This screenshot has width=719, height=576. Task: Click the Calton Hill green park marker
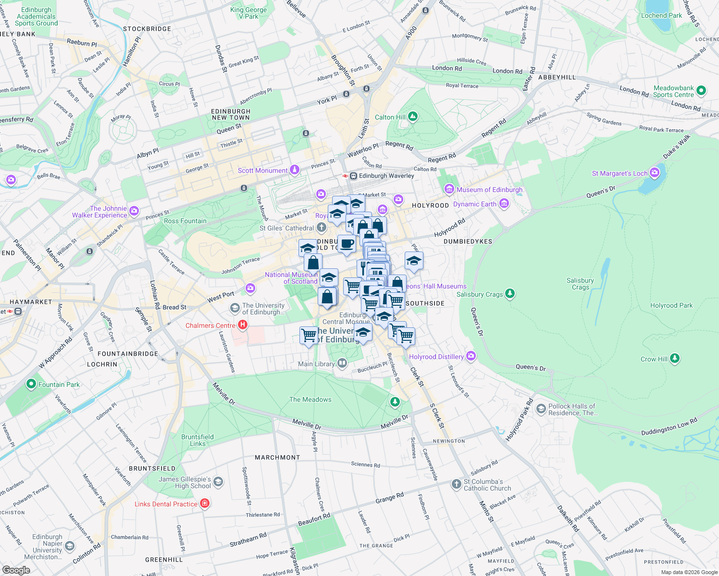pyautogui.click(x=413, y=117)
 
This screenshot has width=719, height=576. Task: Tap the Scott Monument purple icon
pyautogui.click(x=295, y=170)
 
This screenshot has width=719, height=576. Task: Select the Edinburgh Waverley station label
pyautogui.click(x=386, y=176)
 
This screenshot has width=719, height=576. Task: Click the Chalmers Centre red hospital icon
pyautogui.click(x=243, y=325)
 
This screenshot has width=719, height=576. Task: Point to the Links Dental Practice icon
pyautogui.click(x=205, y=504)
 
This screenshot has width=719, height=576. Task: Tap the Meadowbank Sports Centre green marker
pyautogui.click(x=701, y=90)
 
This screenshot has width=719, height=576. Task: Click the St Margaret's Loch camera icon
pyautogui.click(x=654, y=173)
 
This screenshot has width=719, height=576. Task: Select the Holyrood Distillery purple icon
pyautogui.click(x=471, y=356)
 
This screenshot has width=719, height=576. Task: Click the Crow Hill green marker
pyautogui.click(x=675, y=358)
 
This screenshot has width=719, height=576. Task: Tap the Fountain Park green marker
pyautogui.click(x=31, y=384)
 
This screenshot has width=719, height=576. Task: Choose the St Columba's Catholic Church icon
pyautogui.click(x=457, y=484)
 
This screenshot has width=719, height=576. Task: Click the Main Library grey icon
pyautogui.click(x=342, y=363)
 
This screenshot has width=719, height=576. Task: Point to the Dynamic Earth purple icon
pyautogui.click(x=504, y=204)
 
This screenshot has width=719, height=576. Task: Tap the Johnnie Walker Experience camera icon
pyautogui.click(x=134, y=211)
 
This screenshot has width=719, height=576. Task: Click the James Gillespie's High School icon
pyautogui.click(x=218, y=482)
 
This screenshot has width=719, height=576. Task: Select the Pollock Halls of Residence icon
pyautogui.click(x=541, y=408)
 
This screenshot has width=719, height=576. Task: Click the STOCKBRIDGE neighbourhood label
pyautogui.click(x=147, y=29)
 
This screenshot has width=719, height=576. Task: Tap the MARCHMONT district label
pyautogui.click(x=277, y=457)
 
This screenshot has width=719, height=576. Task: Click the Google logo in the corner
pyautogui.click(x=16, y=570)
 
